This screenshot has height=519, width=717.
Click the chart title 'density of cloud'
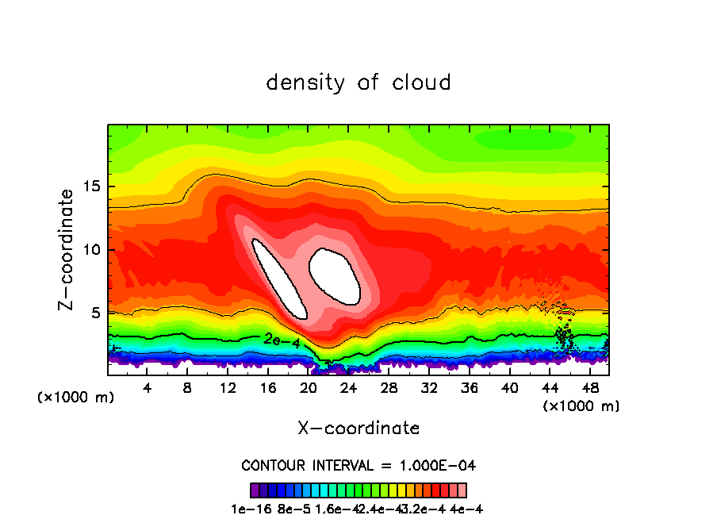click(358, 82)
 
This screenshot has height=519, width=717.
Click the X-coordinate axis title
click(358, 428)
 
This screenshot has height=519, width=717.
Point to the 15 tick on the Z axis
click(93, 187)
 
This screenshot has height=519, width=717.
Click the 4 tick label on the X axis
click(147, 388)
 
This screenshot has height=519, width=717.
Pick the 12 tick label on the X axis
click(228, 388)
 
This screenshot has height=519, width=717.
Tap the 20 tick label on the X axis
click(309, 388)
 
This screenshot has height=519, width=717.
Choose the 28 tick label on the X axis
click(389, 388)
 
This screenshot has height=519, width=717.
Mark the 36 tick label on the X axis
click(470, 388)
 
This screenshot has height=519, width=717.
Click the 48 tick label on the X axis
click(589, 388)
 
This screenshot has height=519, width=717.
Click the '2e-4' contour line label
click(282, 340)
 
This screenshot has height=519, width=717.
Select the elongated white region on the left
click(278, 278)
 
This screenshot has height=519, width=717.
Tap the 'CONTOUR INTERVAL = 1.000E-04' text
click(358, 465)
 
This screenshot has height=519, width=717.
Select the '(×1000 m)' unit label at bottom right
click(581, 406)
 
